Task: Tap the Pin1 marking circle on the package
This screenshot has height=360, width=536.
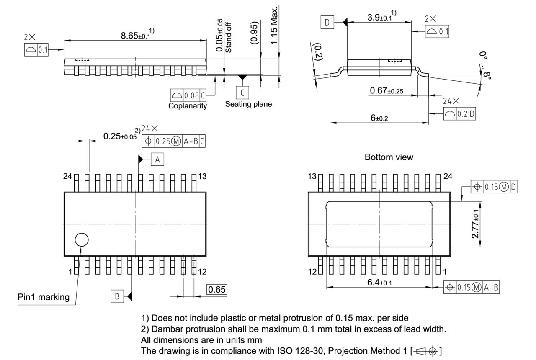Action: (x=82, y=239)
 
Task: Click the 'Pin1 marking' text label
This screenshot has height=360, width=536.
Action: (x=44, y=297)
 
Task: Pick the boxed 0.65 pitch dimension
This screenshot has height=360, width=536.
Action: (x=217, y=289)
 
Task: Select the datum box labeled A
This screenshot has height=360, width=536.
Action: (x=157, y=159)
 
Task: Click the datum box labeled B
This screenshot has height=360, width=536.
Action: (x=117, y=296)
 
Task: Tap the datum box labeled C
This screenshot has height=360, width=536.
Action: (x=242, y=92)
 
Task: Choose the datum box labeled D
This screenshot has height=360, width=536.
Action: (x=327, y=23)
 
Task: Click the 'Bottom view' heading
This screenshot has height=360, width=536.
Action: (x=389, y=157)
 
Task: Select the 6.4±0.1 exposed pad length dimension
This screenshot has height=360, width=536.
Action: (x=379, y=283)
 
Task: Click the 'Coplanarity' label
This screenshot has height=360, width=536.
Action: (x=188, y=106)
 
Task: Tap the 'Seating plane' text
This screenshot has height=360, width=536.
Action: (x=248, y=104)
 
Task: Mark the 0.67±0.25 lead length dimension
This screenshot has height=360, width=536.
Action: (x=386, y=91)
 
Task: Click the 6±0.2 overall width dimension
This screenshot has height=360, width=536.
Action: (x=379, y=118)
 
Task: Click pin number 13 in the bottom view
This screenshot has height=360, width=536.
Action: (x=312, y=177)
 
